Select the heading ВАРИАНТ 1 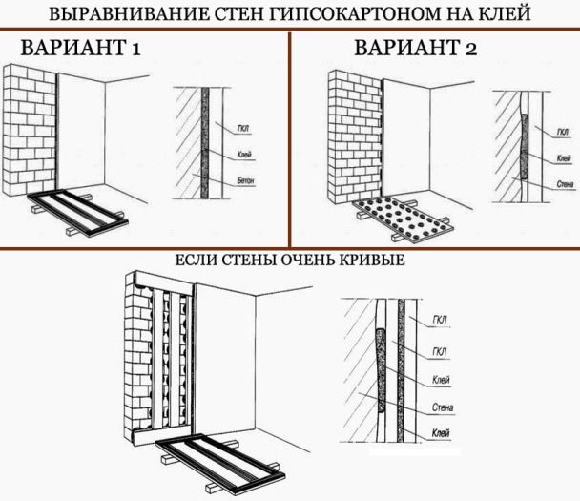[81, 49]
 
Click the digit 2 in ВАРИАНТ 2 [471, 49]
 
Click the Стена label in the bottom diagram [443, 407]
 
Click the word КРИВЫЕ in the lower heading [372, 261]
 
